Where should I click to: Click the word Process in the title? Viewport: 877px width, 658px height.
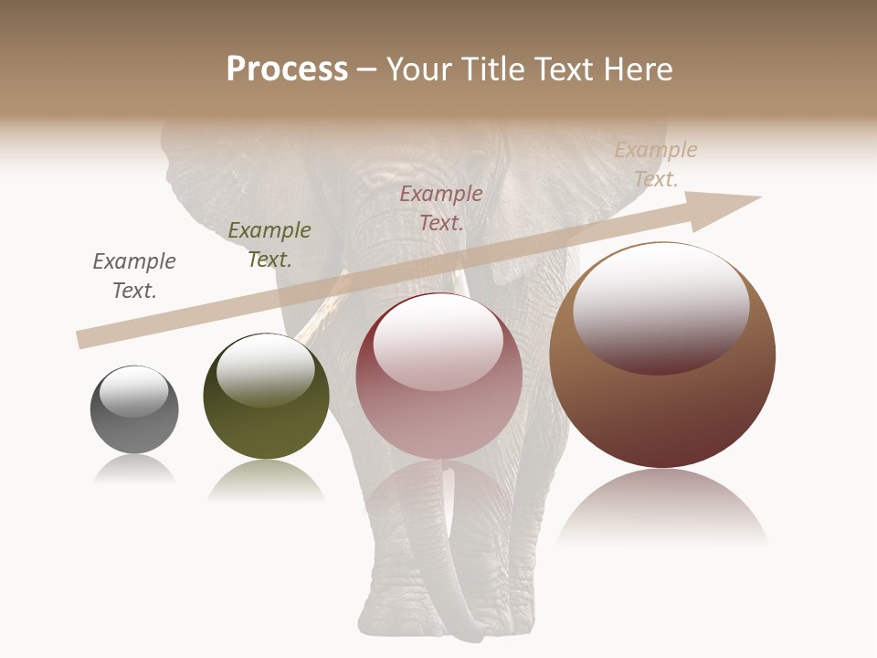click(x=287, y=69)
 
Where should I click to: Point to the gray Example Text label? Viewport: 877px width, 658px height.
click(x=134, y=276)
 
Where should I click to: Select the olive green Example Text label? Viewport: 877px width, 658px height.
click(x=269, y=245)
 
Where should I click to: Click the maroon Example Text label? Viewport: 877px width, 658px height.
click(x=441, y=208)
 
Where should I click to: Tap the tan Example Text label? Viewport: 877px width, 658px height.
click(x=655, y=164)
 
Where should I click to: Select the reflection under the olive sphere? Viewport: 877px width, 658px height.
click(x=266, y=479)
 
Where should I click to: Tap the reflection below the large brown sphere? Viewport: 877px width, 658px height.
click(x=662, y=507)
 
